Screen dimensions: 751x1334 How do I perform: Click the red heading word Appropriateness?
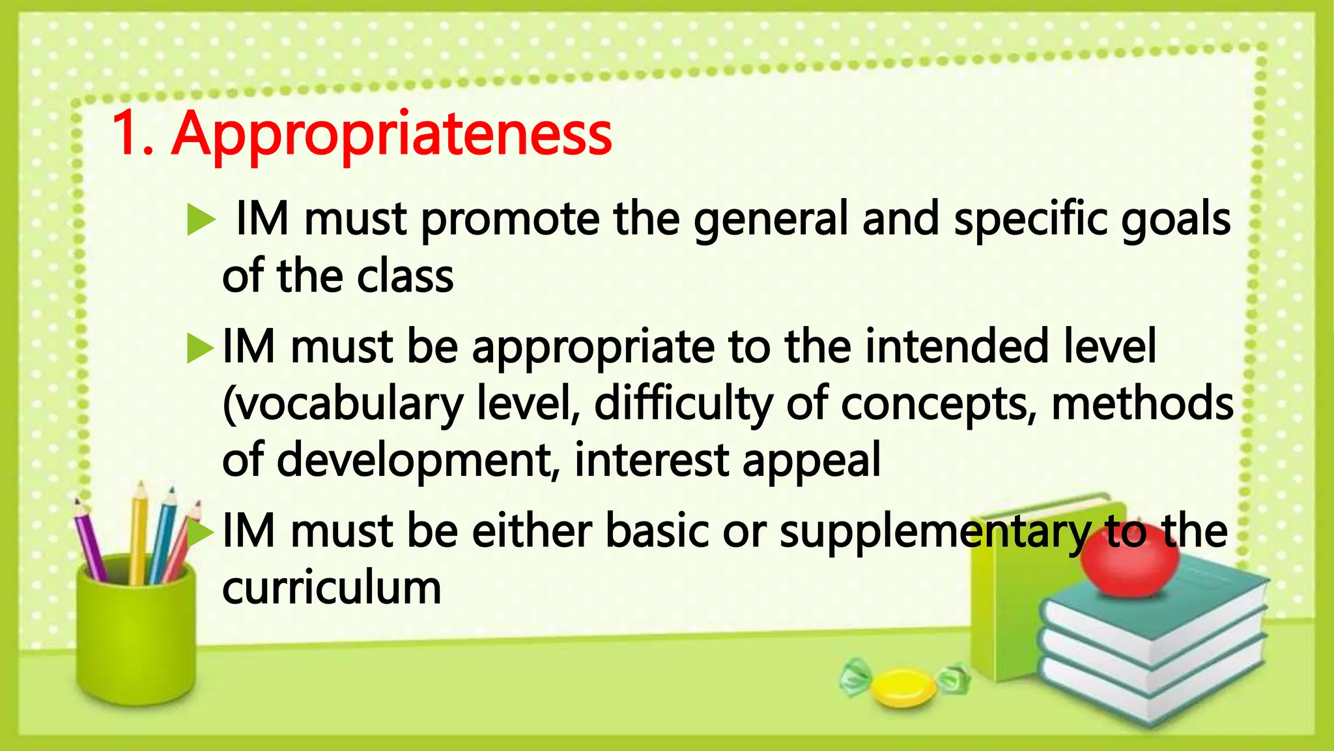(391, 135)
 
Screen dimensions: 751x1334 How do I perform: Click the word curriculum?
(332, 587)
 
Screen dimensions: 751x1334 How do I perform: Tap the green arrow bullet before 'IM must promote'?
(201, 220)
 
